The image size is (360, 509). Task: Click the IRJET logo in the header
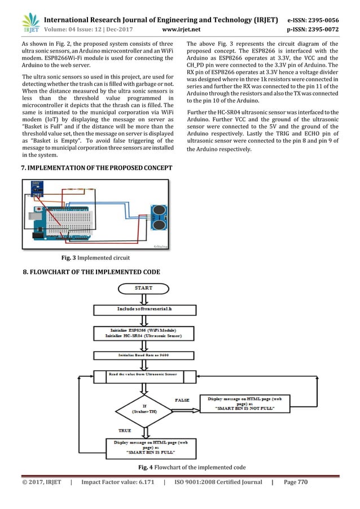pos(30,19)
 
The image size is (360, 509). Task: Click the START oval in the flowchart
pos(143,288)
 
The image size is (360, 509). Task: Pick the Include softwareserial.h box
pos(144,310)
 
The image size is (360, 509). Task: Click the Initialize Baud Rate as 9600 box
pos(144,356)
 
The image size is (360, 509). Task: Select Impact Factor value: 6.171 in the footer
pos(116,498)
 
